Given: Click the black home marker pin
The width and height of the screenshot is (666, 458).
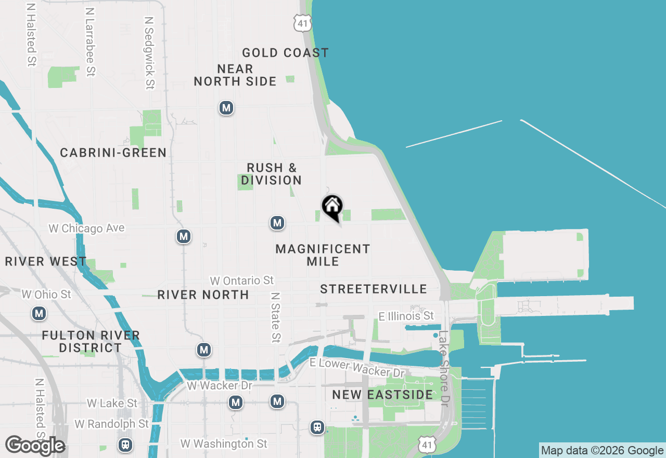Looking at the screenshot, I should click(332, 207).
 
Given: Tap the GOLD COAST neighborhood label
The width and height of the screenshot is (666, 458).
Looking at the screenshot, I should click(285, 53).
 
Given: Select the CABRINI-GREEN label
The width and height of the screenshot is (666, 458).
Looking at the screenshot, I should click(113, 152).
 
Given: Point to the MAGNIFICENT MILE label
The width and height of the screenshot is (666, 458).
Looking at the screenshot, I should click(323, 255).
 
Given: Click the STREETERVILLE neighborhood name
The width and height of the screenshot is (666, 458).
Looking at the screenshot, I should click(374, 289).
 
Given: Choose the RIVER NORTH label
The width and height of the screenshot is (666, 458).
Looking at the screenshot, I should click(203, 295).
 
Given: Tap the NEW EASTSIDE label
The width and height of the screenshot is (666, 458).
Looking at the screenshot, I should click(382, 395).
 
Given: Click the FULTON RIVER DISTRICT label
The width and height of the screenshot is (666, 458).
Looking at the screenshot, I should click(91, 341).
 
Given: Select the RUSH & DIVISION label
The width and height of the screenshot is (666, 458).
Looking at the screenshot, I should click(272, 174).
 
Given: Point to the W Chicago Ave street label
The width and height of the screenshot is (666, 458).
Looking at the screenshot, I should click(86, 228).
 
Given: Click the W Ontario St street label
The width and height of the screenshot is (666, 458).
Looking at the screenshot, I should click(241, 281).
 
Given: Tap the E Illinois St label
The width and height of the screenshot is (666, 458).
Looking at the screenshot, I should click(406, 315).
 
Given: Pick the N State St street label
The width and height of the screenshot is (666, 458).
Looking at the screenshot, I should click(276, 317).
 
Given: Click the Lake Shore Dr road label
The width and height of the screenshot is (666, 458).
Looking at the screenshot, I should click(443, 368).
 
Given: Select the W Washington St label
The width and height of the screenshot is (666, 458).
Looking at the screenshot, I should click(224, 443).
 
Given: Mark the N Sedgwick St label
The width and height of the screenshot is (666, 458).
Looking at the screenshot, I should click(150, 52).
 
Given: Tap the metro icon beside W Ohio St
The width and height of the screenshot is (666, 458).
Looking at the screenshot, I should click(39, 313).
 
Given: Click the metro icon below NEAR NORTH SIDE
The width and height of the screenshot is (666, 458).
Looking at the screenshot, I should click(226, 108).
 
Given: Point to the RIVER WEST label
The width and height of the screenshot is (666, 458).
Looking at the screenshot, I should click(46, 261).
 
